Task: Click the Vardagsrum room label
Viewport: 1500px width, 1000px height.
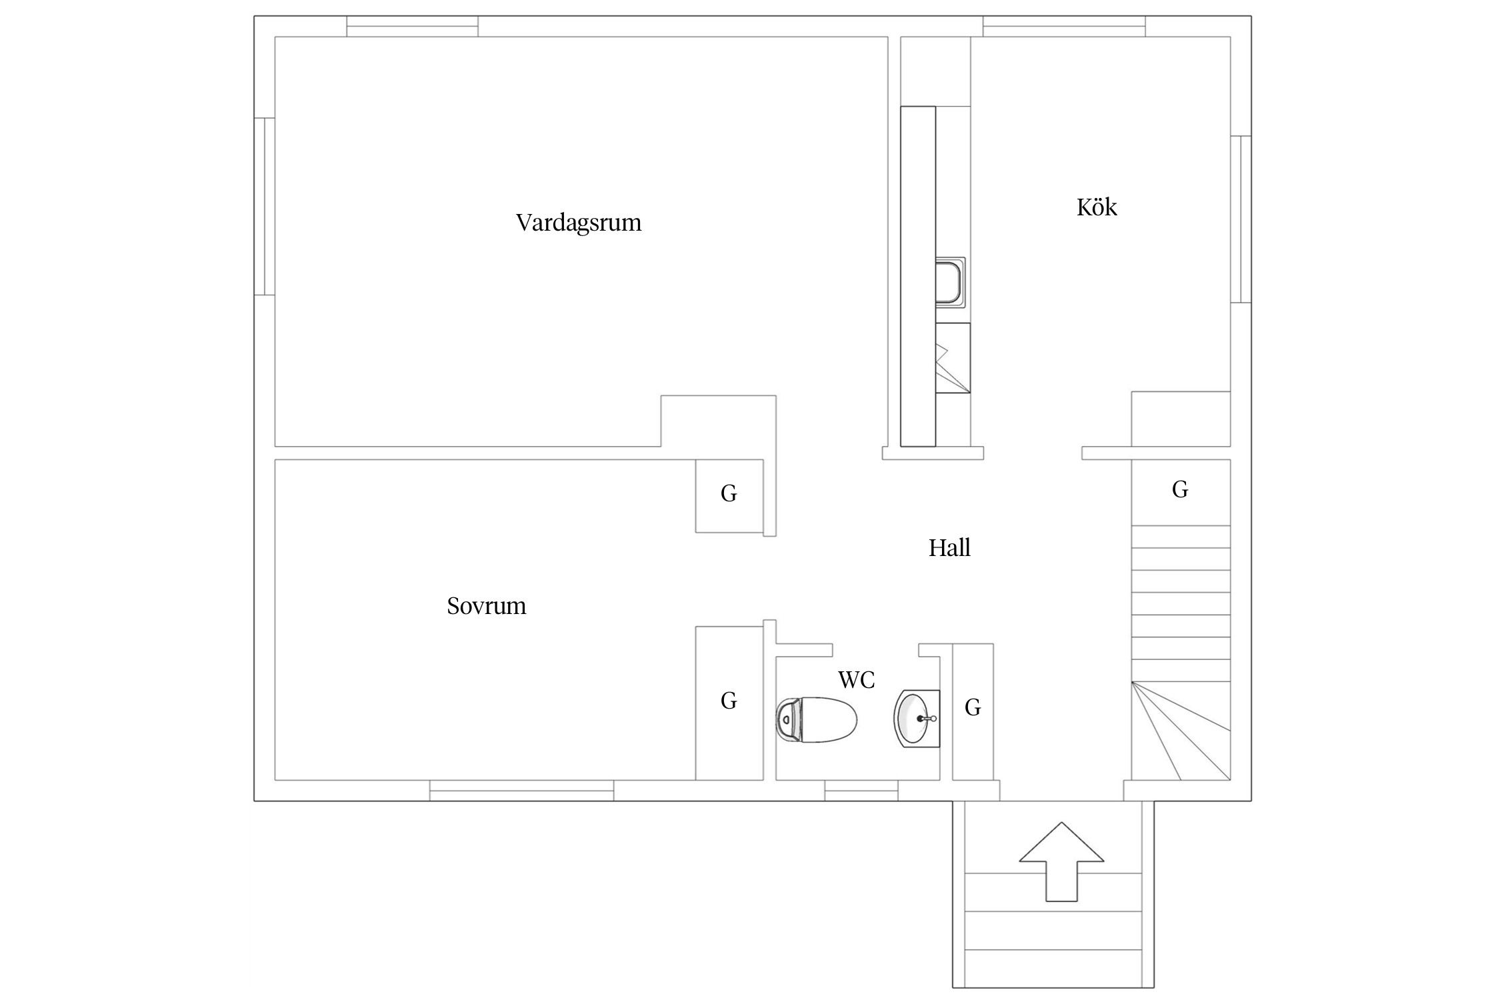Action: pyautogui.click(x=579, y=222)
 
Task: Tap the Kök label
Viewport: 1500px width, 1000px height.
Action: pyautogui.click(x=1097, y=207)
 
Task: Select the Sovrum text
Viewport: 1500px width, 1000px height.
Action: pyautogui.click(x=487, y=605)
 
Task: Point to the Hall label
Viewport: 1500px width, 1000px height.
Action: pyautogui.click(x=949, y=547)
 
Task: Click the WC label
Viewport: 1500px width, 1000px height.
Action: pyautogui.click(x=857, y=680)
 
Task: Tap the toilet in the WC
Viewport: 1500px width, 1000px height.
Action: pyautogui.click(x=817, y=719)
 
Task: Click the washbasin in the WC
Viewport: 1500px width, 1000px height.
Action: pyautogui.click(x=917, y=719)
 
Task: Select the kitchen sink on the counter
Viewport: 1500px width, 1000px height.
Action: pyautogui.click(x=951, y=283)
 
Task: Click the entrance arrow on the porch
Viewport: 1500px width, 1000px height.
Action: pyautogui.click(x=1061, y=861)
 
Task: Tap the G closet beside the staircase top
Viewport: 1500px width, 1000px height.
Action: pyautogui.click(x=1181, y=492)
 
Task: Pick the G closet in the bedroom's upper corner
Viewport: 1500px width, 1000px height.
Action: pyautogui.click(x=729, y=496)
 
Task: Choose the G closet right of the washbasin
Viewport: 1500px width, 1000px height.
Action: pyautogui.click(x=973, y=711)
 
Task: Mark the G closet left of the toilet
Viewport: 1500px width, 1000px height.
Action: pyautogui.click(x=729, y=703)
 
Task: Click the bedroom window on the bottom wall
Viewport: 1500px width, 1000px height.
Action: pyautogui.click(x=521, y=791)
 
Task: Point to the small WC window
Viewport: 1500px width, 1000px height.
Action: pyautogui.click(x=861, y=791)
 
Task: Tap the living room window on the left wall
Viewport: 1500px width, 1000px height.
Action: pyautogui.click(x=265, y=206)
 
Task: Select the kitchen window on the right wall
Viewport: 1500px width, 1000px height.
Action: pyautogui.click(x=1241, y=219)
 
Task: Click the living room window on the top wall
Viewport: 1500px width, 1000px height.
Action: pyautogui.click(x=412, y=26)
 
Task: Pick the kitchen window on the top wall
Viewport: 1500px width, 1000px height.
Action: pyautogui.click(x=1064, y=26)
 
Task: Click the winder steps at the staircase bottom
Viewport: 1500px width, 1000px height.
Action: pyautogui.click(x=1181, y=731)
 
